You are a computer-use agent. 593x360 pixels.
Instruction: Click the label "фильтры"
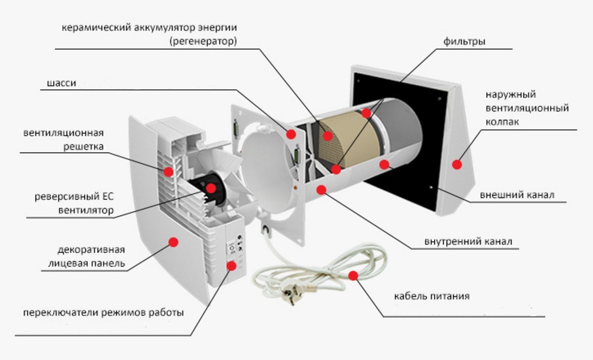coord(467,42)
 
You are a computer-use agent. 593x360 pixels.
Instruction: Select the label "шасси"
coord(62,84)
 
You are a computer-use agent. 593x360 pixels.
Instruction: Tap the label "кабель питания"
coord(432,296)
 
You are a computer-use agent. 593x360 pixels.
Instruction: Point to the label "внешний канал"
coord(517,195)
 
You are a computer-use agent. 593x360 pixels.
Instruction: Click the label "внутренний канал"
coord(471,242)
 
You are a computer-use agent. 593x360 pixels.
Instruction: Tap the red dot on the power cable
coord(354,276)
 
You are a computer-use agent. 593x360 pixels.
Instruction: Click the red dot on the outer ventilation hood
coord(457,165)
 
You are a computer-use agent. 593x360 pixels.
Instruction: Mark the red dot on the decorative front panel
coord(174,242)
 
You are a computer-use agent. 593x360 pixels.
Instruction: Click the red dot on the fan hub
coord(211,188)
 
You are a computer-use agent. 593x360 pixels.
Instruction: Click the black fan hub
coord(208,193)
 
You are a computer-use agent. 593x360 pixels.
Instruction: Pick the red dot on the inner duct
coord(321,189)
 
